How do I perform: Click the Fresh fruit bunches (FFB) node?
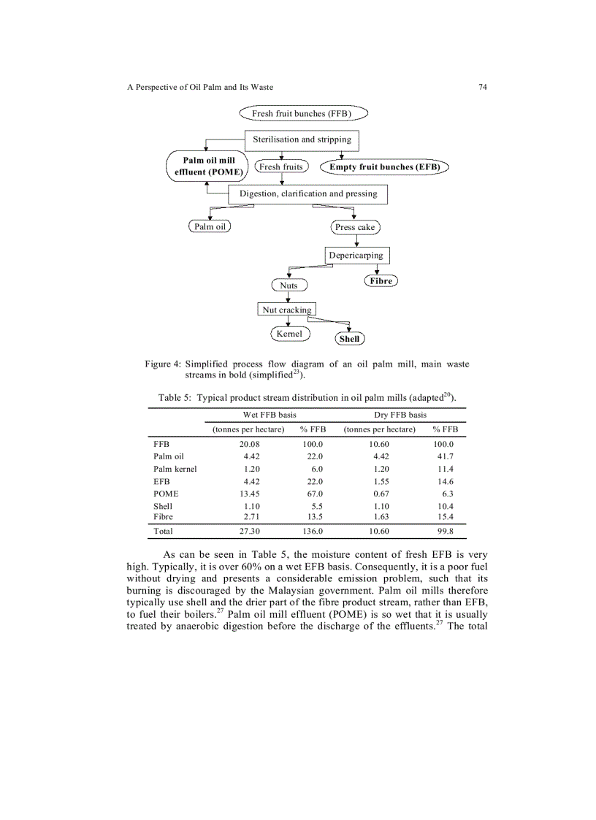pos(302,113)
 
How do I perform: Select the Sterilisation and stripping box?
pos(302,139)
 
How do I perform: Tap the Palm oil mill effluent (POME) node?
pos(207,166)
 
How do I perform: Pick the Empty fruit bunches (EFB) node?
pos(385,166)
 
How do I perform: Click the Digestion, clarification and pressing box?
pos(307,194)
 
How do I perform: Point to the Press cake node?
pos(354,227)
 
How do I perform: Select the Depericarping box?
pos(356,256)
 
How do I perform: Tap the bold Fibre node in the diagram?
pos(381,280)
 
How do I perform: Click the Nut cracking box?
pos(287,310)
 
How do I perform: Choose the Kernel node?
pos(289,334)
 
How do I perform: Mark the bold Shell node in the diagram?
pos(350,339)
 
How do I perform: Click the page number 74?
pos(483,87)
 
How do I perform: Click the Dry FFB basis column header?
pos(400,415)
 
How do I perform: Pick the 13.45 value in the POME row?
pos(250,494)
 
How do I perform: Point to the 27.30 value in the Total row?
pos(250,532)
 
